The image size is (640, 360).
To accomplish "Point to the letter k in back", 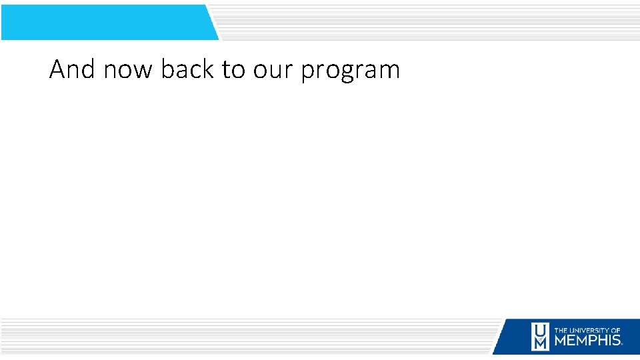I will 208,69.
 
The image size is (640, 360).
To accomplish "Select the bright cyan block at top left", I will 107,22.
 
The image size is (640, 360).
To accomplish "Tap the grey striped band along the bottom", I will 247,337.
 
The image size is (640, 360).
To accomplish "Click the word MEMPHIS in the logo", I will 587,341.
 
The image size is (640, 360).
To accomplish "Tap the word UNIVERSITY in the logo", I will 589,330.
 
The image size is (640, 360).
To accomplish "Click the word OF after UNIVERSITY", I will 616,330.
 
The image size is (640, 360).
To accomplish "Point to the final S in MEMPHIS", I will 617,341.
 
